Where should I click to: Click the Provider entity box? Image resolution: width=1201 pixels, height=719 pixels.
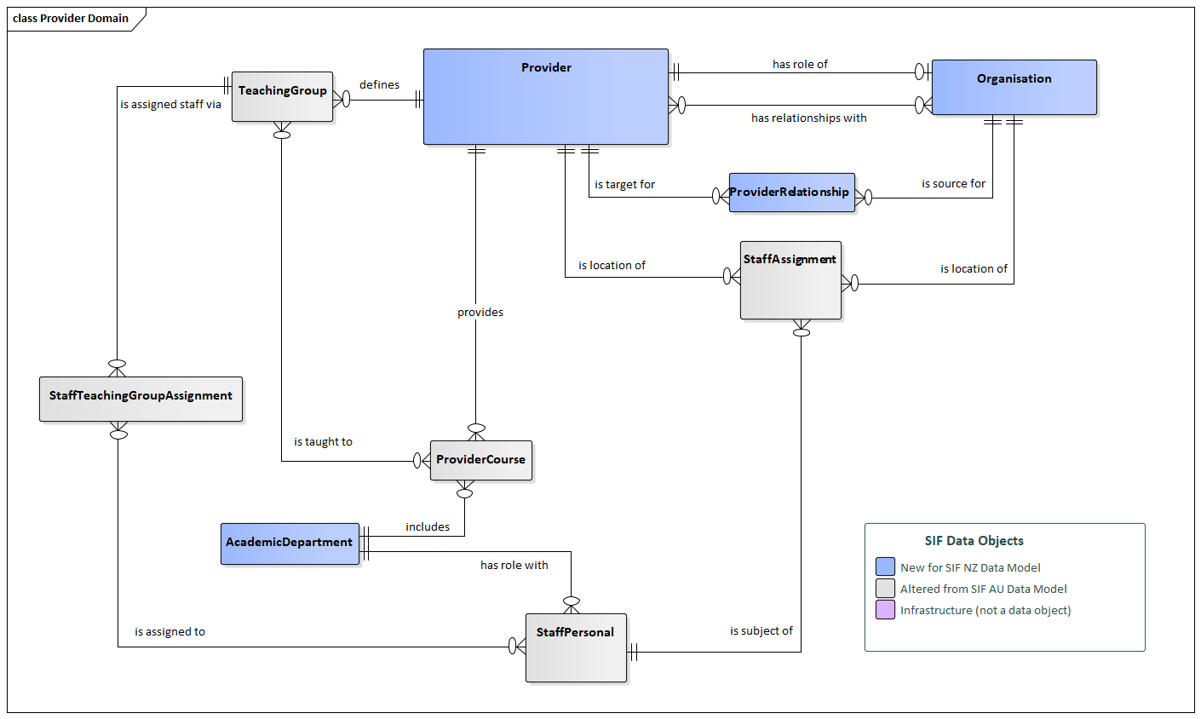coord(546,96)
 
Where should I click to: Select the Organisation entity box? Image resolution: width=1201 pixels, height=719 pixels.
coord(1014,87)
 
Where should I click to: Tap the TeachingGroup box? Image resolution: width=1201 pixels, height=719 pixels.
coord(282,96)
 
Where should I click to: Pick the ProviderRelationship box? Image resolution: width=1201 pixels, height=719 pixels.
coord(791,193)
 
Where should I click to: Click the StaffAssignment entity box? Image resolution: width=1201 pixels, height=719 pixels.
coord(790,280)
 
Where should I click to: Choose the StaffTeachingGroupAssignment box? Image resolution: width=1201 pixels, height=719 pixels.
coord(141,399)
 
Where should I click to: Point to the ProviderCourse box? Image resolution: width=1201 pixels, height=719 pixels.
coord(480,460)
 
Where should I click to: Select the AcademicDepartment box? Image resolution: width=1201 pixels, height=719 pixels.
coord(290,544)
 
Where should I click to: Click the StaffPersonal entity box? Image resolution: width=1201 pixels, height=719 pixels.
coord(576,647)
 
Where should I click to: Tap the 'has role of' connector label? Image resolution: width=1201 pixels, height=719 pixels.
coord(800,64)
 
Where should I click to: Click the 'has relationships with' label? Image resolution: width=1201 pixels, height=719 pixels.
coord(808,118)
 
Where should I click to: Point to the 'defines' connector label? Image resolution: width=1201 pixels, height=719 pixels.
coord(379,85)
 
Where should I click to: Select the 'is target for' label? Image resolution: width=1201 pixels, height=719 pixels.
coord(624,185)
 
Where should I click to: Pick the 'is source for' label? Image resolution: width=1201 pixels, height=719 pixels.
coord(953,184)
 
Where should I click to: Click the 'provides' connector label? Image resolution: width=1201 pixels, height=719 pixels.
coord(480,313)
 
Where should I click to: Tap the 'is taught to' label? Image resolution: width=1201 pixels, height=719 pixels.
coord(323,442)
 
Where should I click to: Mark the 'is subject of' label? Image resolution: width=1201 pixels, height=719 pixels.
coord(761,631)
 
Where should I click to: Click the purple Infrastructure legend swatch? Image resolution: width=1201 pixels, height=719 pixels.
coord(885,610)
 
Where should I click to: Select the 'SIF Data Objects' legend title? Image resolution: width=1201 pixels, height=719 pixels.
coord(974,541)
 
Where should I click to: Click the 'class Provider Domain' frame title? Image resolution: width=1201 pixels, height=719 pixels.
coord(71,18)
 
